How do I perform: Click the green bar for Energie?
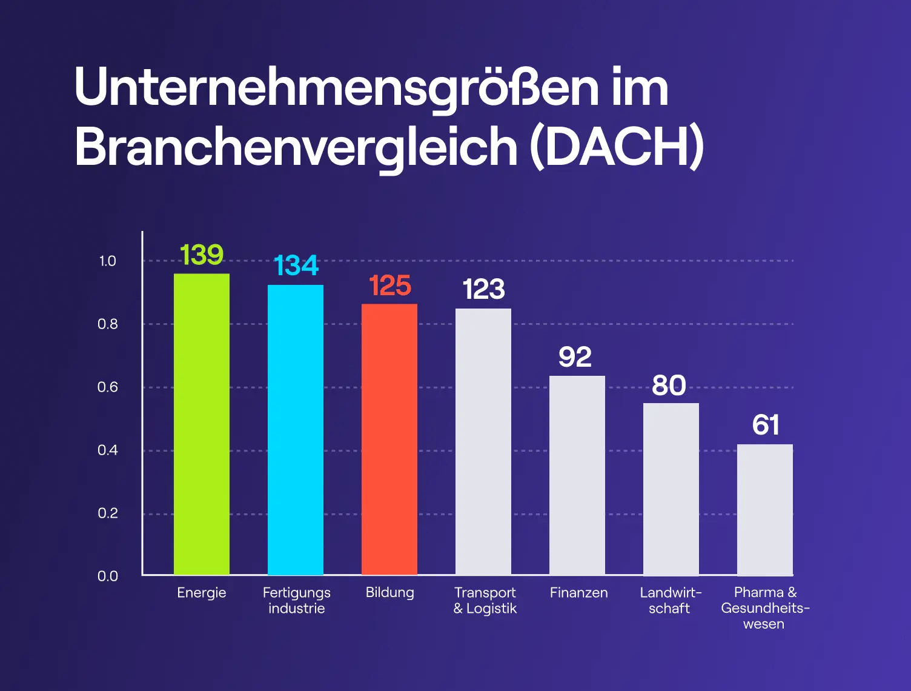tap(202, 424)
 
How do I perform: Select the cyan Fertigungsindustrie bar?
tap(296, 430)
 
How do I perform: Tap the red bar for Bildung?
tap(389, 439)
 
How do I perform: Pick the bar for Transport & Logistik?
tap(483, 442)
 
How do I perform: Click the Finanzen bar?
tap(577, 475)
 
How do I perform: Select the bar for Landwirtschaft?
tap(671, 489)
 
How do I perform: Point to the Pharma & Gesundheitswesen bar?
tap(765, 510)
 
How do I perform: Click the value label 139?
tap(202, 255)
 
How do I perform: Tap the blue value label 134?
tap(296, 265)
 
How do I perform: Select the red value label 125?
tap(389, 286)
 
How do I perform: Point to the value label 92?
tap(575, 357)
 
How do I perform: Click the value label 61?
tap(766, 425)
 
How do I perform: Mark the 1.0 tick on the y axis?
tap(107, 261)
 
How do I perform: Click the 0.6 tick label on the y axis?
tap(107, 387)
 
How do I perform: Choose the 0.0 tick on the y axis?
tap(107, 576)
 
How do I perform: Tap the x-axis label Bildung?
tap(389, 593)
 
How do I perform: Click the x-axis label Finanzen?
tap(578, 593)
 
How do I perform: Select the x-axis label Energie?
tap(202, 593)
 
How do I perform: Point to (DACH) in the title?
tap(617, 147)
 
